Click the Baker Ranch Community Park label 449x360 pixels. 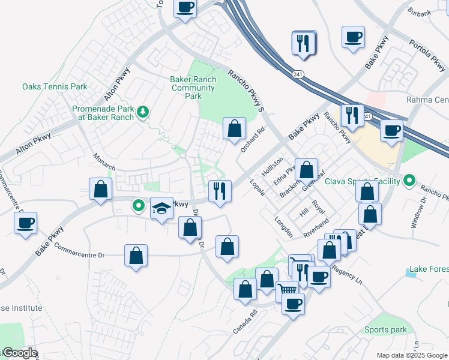coord(193,88)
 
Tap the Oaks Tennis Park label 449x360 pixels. coord(55,86)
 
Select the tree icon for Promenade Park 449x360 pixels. coord(142,112)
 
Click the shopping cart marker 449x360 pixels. coord(288,291)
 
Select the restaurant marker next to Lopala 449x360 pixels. coord(220,191)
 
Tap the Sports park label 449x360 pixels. coord(385,329)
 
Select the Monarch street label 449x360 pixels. coord(104,160)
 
